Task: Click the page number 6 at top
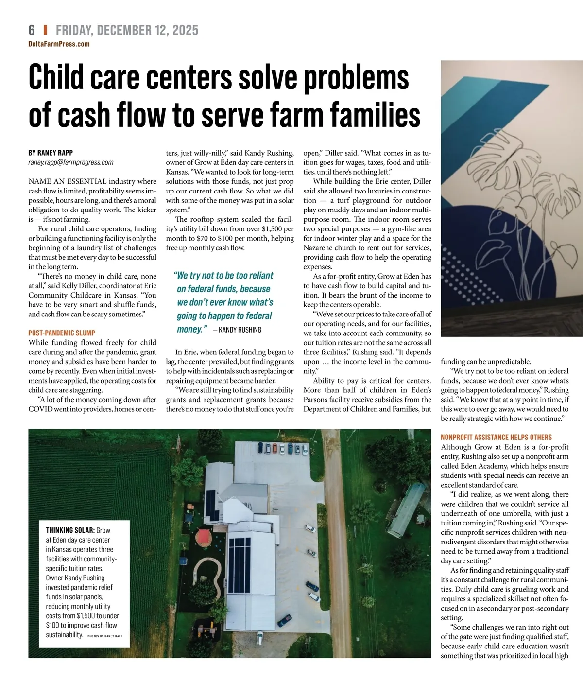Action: [32, 30]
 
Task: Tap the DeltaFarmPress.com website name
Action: [59, 44]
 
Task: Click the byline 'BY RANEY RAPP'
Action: [51, 153]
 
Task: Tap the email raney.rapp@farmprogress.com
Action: [71, 162]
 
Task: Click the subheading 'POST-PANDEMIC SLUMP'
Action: [62, 333]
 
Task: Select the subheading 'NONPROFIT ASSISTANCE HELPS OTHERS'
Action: [496, 437]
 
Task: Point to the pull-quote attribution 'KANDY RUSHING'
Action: [240, 330]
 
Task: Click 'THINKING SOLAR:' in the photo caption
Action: [70, 530]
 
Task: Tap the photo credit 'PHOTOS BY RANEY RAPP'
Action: [105, 636]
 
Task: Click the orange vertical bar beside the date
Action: [45, 30]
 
